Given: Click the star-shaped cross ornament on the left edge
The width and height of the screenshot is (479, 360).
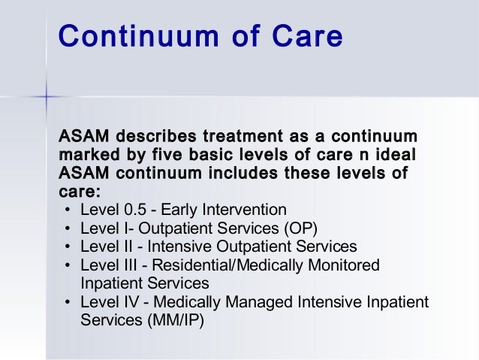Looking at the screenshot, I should click(x=46, y=97).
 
